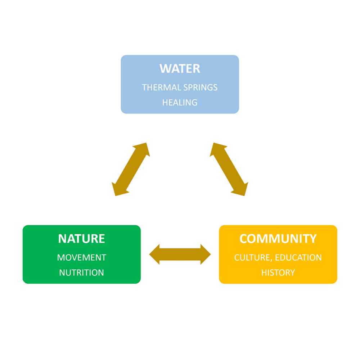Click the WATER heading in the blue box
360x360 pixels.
coord(180,68)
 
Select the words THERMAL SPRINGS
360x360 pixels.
coord(180,87)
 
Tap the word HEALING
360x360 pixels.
coord(180,102)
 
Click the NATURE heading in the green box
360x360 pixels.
coord(81,239)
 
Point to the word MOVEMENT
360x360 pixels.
coord(81,258)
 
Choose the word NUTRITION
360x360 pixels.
coord(81,273)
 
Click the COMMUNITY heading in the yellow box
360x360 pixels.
coord(278,239)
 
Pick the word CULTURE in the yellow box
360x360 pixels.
coord(248,258)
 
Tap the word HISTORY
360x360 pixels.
coord(278,273)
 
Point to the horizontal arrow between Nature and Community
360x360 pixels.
coord(180,254)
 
